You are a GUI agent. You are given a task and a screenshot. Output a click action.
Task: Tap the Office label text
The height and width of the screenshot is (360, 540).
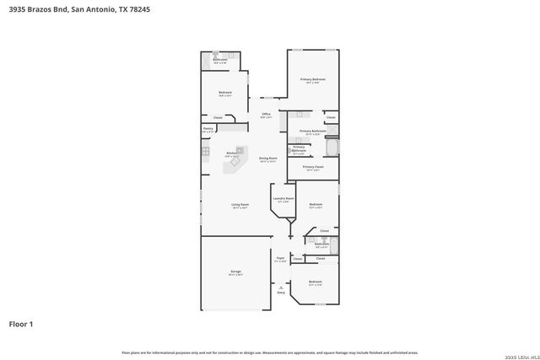pyautogui.click(x=266, y=115)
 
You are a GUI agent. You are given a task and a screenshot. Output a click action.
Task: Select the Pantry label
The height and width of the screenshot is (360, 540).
pyautogui.click(x=208, y=130)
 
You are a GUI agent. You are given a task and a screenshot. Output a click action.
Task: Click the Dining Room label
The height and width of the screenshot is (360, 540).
pyautogui.click(x=267, y=159)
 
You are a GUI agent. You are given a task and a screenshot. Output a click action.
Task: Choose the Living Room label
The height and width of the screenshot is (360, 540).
pyautogui.click(x=240, y=206)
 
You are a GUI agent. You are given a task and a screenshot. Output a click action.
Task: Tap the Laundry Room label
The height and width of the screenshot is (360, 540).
pyautogui.click(x=283, y=200)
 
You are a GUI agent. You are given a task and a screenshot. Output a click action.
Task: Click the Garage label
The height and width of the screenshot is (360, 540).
pyautogui.click(x=235, y=272)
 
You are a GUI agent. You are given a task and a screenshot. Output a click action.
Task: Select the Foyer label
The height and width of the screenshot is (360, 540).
pyautogui.click(x=281, y=259)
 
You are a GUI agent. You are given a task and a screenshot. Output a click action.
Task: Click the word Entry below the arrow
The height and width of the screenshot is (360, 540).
pyautogui.click(x=281, y=292)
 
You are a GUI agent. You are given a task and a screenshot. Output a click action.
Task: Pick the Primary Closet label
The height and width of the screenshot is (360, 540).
pyautogui.click(x=313, y=168)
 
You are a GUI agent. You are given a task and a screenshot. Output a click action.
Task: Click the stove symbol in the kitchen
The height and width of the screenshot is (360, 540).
pyautogui.click(x=205, y=151)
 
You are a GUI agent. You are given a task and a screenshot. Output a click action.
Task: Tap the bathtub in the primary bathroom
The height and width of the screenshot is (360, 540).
pyautogui.click(x=331, y=149)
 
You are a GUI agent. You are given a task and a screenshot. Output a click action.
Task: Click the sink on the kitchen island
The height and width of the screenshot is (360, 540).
pyautogui.click(x=232, y=164)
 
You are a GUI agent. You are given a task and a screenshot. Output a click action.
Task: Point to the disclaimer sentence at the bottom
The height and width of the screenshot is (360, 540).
pyautogui.click(x=270, y=352)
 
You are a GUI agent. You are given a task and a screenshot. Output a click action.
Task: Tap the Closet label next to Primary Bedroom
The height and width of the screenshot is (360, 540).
pyautogui.click(x=331, y=117)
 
